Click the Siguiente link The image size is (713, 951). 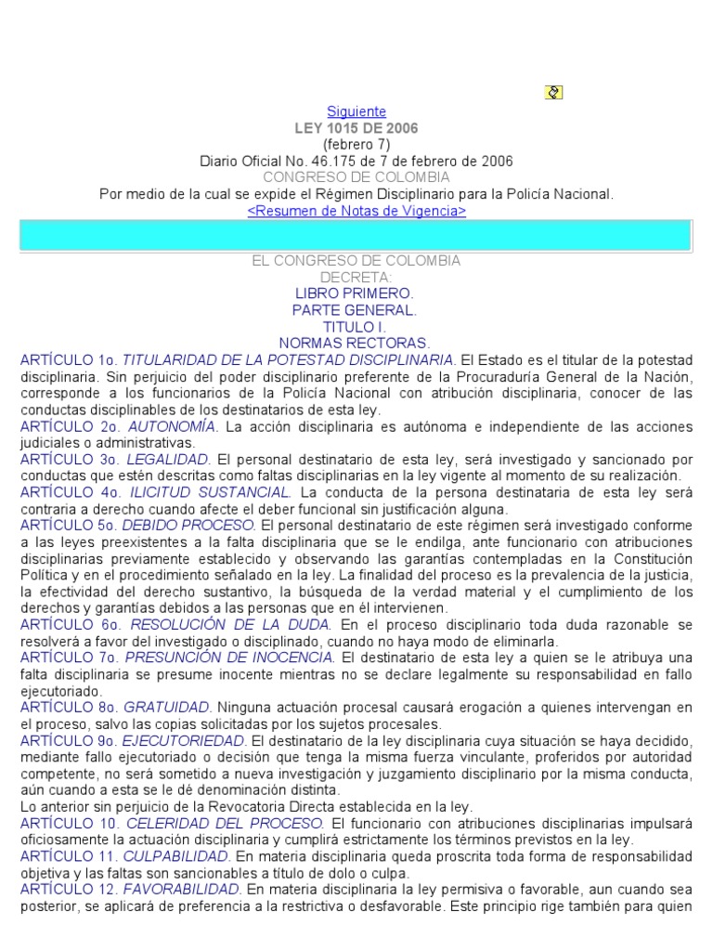coord(356,111)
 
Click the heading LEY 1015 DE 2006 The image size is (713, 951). coord(356,128)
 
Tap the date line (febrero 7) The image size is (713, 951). coord(356,144)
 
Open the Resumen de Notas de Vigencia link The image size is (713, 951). coord(356,211)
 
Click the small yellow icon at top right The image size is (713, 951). coord(554,92)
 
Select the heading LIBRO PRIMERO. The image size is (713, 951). coord(356,293)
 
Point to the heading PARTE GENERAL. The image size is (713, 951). coord(356,310)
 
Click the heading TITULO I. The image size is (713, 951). coord(356,327)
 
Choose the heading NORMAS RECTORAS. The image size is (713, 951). coord(356,344)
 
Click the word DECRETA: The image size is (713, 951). coord(356,277)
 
